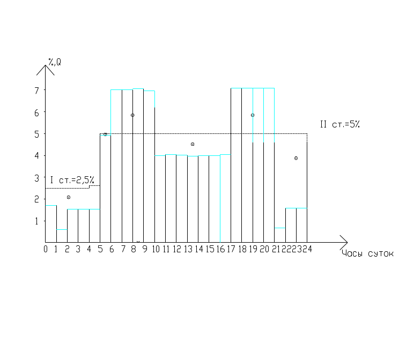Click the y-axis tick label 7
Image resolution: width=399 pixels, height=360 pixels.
[x=37, y=91]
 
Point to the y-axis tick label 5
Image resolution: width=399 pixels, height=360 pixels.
[x=37, y=134]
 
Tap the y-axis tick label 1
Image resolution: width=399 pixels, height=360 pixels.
[x=37, y=221]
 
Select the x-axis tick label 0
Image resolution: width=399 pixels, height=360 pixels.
[x=46, y=249]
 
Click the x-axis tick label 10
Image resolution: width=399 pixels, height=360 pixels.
[x=156, y=249]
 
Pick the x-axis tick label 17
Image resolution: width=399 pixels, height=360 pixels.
[x=232, y=249]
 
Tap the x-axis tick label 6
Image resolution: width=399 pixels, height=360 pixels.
[x=112, y=249]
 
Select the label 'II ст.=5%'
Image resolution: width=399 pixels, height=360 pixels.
[x=339, y=124]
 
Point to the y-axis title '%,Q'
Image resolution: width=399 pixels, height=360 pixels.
[x=55, y=63]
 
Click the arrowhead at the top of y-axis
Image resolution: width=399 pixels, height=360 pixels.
[x=46, y=68]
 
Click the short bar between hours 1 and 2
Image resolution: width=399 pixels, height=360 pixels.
[x=62, y=236]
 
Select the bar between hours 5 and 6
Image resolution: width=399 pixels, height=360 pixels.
[x=106, y=188]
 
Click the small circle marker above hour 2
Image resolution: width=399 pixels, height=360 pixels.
[x=69, y=197]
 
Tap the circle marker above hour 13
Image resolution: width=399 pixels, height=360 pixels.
[x=193, y=144]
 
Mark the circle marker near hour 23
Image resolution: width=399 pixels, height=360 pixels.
[x=296, y=158]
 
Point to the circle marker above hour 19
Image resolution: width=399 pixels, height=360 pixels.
[x=252, y=115]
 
